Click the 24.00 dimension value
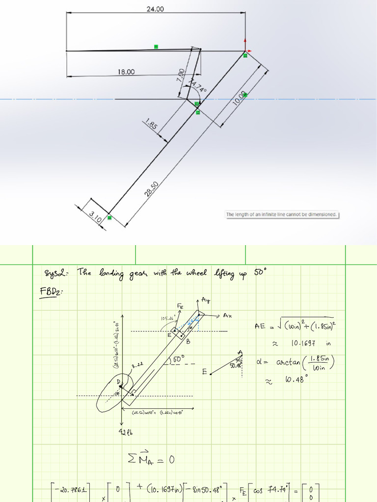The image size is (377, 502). (x=155, y=9)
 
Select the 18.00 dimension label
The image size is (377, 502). (x=126, y=72)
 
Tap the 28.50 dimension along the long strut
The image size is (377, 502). (x=151, y=188)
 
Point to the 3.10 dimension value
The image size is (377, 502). (x=95, y=216)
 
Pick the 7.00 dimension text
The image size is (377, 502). (x=181, y=75)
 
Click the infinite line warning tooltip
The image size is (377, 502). (x=281, y=214)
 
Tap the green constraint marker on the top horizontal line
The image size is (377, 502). (x=156, y=47)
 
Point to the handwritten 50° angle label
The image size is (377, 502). (x=177, y=359)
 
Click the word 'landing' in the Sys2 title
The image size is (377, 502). (x=113, y=273)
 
